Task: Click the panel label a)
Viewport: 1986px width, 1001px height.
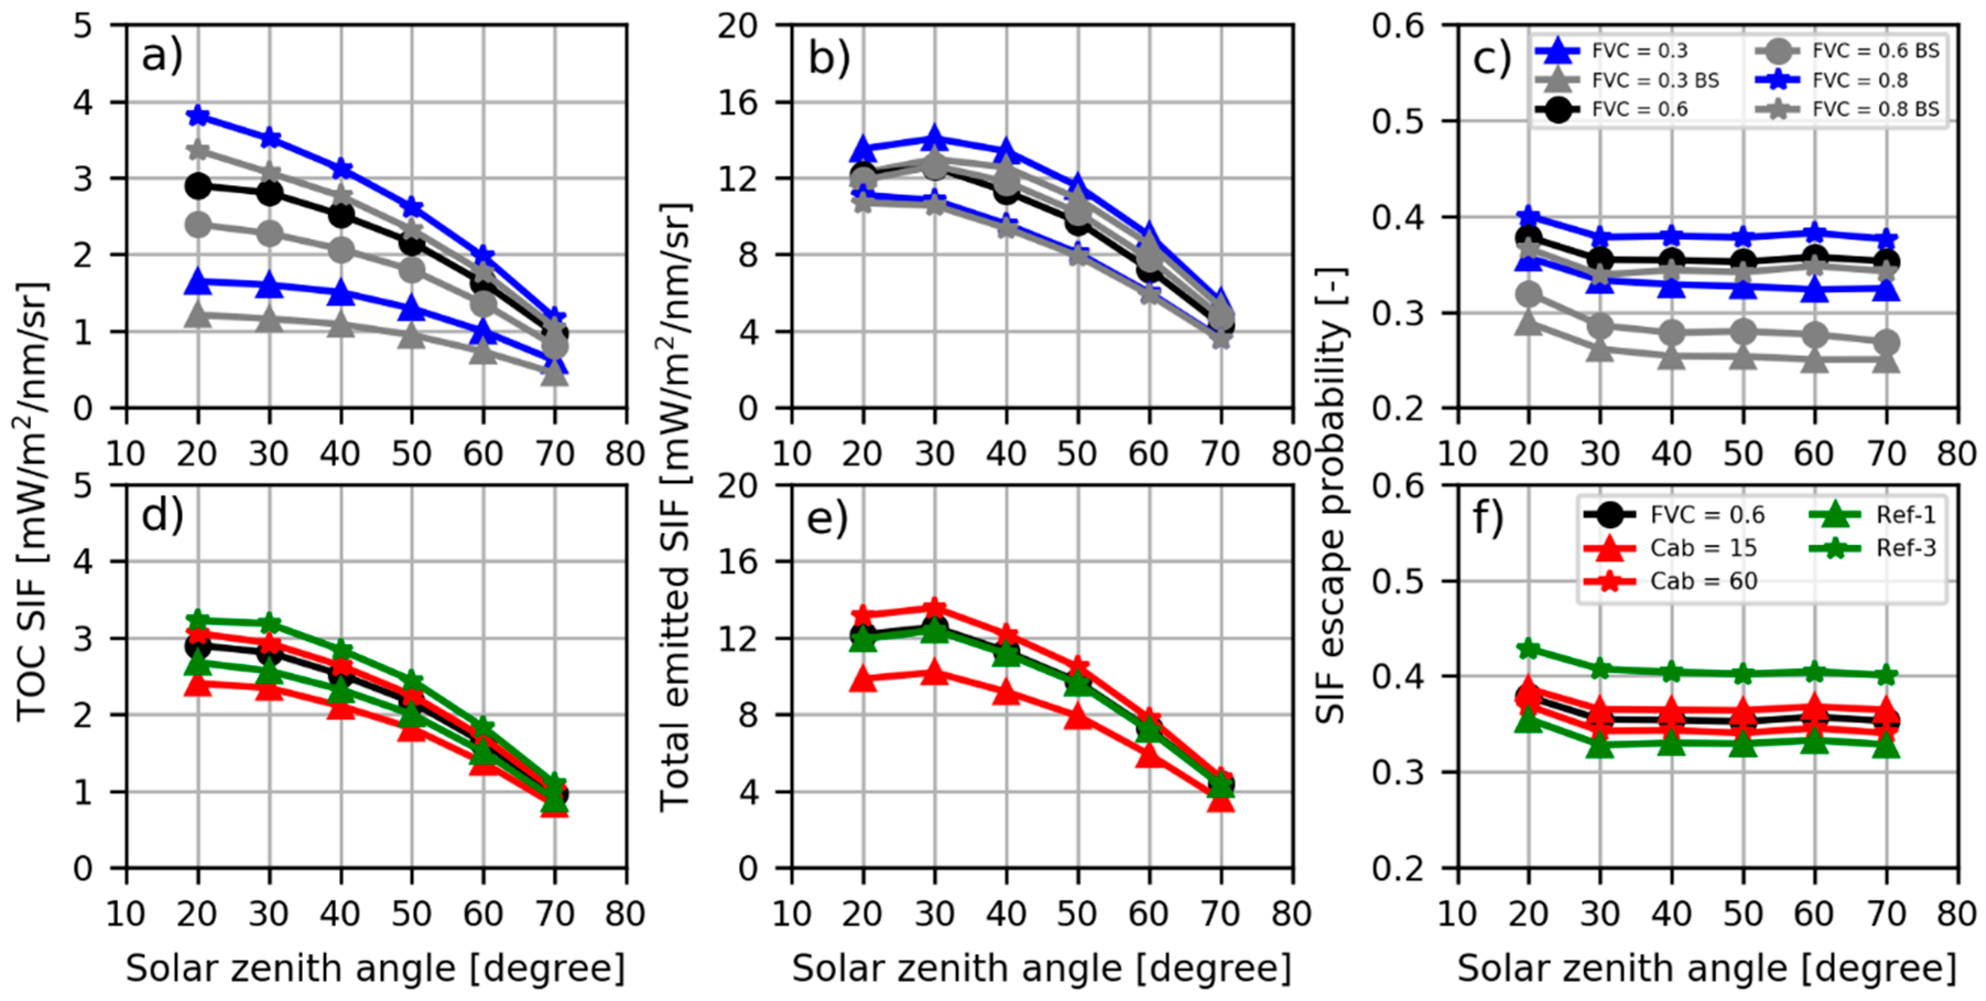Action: click(162, 56)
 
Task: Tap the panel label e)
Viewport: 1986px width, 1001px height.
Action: click(827, 517)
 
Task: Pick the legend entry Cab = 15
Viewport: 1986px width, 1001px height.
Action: click(1703, 548)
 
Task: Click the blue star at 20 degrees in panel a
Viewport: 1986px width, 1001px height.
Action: click(198, 116)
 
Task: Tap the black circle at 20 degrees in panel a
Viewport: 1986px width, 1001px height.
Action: click(198, 185)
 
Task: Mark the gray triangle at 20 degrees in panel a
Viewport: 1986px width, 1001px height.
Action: click(198, 315)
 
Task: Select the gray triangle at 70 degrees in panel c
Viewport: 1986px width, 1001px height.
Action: click(1886, 359)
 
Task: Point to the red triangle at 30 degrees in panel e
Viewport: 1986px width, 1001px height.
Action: click(934, 673)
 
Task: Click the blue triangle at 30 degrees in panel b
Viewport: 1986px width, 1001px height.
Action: click(934, 139)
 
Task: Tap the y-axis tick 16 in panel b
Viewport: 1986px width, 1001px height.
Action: click(737, 102)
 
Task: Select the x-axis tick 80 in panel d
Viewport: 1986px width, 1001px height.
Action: click(624, 914)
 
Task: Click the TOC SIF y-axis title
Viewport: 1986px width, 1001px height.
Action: click(31, 501)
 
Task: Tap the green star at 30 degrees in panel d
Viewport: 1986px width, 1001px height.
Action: click(269, 623)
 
